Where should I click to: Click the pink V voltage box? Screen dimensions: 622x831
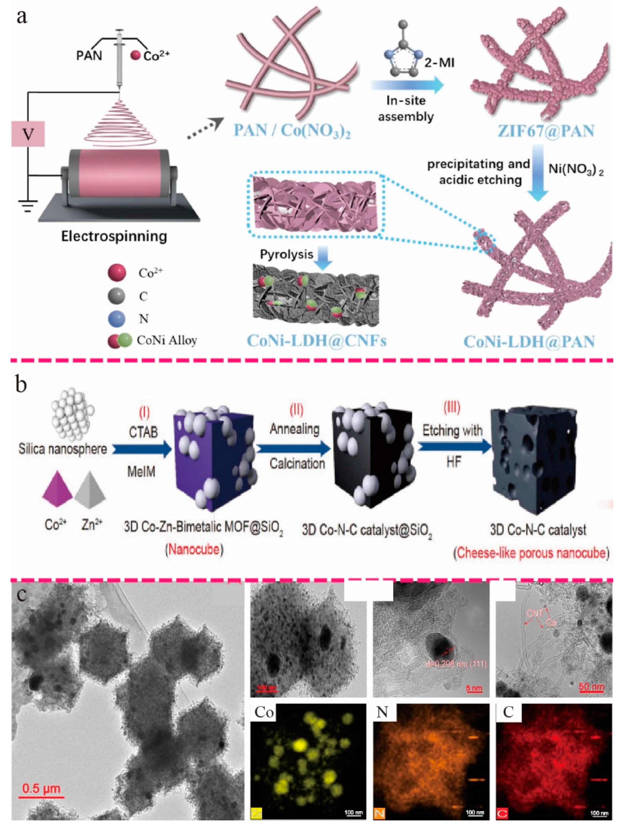[x=28, y=134]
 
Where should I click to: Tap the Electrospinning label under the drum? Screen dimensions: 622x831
[x=114, y=236]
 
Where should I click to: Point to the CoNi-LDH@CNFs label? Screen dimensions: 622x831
[x=316, y=341]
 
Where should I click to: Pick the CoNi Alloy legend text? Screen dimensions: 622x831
[x=167, y=340]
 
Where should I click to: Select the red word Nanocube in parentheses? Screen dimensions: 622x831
[x=194, y=550]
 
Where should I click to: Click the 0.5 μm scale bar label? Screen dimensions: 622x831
[x=41, y=788]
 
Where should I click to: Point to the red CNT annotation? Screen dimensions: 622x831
[x=535, y=613]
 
